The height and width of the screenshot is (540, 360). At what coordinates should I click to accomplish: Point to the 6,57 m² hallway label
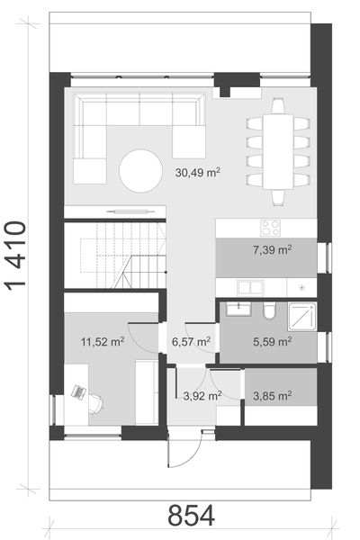(191, 341)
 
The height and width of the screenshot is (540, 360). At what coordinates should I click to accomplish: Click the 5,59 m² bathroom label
(271, 341)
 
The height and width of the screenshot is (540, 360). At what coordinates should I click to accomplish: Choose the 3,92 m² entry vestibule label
(201, 394)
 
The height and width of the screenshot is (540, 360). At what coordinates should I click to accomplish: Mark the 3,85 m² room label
(271, 394)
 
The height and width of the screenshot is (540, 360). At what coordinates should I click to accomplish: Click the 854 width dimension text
(190, 516)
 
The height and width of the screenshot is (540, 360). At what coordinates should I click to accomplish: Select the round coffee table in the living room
(141, 170)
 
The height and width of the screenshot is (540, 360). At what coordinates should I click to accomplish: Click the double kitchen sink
(249, 287)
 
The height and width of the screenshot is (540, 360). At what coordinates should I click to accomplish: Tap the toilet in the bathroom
(267, 311)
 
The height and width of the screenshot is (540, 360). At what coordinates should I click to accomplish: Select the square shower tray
(302, 316)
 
